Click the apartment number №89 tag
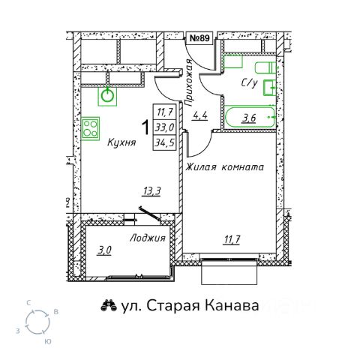[199, 38]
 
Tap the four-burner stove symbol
[90, 128]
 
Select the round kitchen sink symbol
[107, 96]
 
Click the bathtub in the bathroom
[250, 117]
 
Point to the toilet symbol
[265, 68]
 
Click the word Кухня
[121, 142]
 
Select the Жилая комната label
[224, 166]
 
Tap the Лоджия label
[148, 238]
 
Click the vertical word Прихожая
[189, 82]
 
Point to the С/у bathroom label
[249, 83]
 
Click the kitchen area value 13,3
[151, 191]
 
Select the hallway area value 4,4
[199, 115]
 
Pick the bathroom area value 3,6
[249, 118]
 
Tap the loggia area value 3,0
[104, 250]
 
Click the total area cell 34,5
[165, 142]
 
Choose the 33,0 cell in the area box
[165, 127]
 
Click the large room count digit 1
[145, 127]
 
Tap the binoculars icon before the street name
[109, 305]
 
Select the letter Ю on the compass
[48, 341]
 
